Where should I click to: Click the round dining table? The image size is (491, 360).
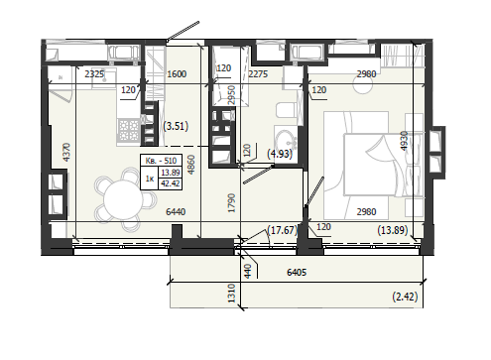pyautogui.click(x=123, y=200)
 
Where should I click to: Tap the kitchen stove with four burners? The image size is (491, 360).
pyautogui.click(x=129, y=130)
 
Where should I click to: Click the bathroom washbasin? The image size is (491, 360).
pyautogui.click(x=285, y=140)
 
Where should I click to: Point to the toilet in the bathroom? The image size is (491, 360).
pyautogui.click(x=286, y=110)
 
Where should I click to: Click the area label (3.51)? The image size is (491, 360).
pyautogui.click(x=176, y=126)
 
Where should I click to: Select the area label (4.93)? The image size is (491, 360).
pyautogui.click(x=280, y=154)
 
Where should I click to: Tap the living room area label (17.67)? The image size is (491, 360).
pyautogui.click(x=283, y=230)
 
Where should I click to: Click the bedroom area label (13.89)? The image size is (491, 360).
pyautogui.click(x=393, y=230)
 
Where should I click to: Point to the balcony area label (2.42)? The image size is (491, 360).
pyautogui.click(x=405, y=297)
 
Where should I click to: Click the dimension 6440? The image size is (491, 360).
pyautogui.click(x=176, y=211)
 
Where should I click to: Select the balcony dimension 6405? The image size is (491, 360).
pyautogui.click(x=297, y=273)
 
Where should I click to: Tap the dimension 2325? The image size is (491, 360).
pyautogui.click(x=94, y=74)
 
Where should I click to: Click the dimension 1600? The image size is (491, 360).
pyautogui.click(x=177, y=74)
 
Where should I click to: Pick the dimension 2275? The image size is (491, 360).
pyautogui.click(x=258, y=74)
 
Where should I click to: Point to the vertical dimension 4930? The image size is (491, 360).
pyautogui.click(x=405, y=141)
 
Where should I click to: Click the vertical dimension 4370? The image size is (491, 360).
pyautogui.click(x=66, y=152)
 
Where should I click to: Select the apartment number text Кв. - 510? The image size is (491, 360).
pyautogui.click(x=161, y=161)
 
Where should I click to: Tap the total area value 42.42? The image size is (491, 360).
pyautogui.click(x=171, y=183)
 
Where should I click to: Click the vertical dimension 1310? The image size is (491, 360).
pyautogui.click(x=231, y=293)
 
